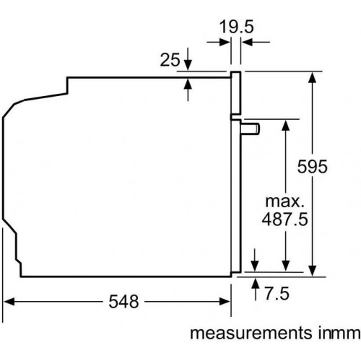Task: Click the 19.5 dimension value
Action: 237,27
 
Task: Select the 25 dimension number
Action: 170,60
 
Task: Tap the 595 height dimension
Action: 312,166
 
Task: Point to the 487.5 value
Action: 284,219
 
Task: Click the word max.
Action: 284,201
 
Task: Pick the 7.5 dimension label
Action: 277,293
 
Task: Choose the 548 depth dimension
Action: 123,302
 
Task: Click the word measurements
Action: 250,334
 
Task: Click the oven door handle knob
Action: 251,129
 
